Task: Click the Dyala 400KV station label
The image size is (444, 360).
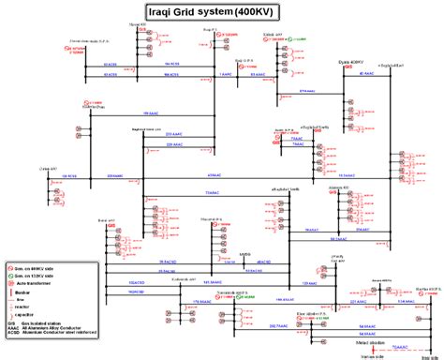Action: (350, 61)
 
